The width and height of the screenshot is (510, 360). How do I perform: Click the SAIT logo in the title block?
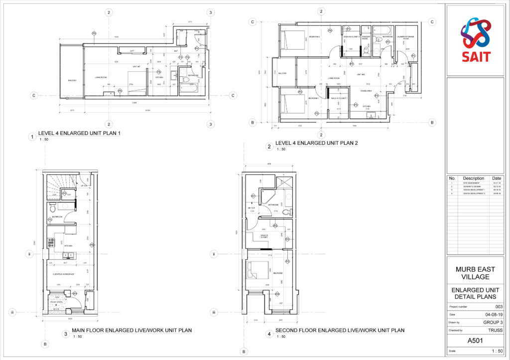click(x=475, y=39)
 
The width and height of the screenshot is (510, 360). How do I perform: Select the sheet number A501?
click(x=475, y=341)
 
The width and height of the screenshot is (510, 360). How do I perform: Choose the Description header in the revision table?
click(x=473, y=178)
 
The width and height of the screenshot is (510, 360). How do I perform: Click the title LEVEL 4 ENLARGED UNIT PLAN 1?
click(x=79, y=133)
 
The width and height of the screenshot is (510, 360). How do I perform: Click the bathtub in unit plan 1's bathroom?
click(x=188, y=88)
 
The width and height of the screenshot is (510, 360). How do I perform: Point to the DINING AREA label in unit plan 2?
click(x=368, y=90)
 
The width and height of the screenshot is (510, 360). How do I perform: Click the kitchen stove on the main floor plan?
click(x=50, y=243)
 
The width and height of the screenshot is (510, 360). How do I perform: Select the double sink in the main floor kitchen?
click(x=68, y=256)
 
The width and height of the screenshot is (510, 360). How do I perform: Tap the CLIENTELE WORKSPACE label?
click(x=64, y=274)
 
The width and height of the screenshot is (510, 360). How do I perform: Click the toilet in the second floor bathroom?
click(x=286, y=212)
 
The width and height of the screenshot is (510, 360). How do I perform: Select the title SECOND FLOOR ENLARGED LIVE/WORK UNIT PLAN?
click(x=340, y=331)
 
